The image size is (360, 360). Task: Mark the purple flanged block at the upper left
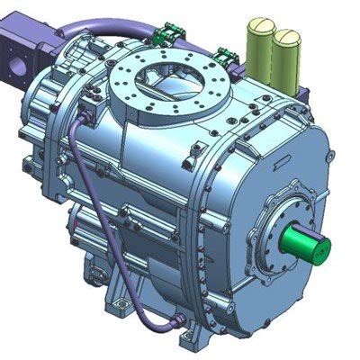22,58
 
